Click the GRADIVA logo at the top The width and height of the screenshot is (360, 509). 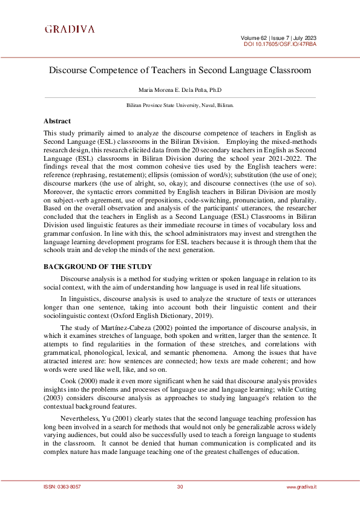click(70, 29)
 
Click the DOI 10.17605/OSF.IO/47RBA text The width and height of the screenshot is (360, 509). click(280, 44)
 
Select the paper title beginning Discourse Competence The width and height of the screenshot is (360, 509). click(180, 70)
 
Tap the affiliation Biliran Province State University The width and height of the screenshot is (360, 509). click(180, 105)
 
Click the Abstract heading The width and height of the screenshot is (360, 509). click(57, 121)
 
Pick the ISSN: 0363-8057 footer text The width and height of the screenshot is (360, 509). click(62, 487)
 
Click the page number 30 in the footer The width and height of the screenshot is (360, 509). click(180, 487)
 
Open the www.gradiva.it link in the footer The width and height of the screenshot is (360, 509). click(301, 487)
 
